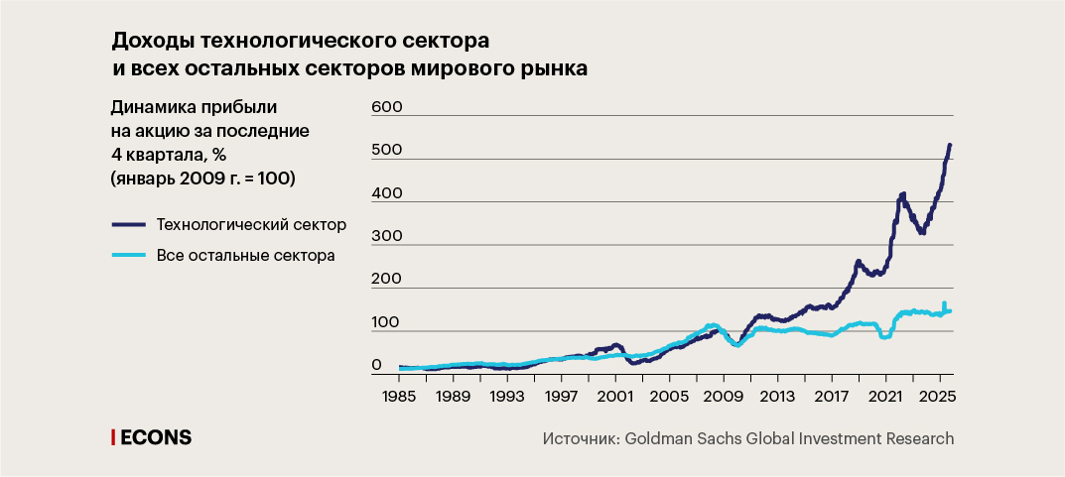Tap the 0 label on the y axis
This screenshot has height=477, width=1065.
pyautogui.click(x=376, y=366)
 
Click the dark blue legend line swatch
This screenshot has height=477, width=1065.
pyautogui.click(x=128, y=224)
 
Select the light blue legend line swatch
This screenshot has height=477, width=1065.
pyautogui.click(x=128, y=256)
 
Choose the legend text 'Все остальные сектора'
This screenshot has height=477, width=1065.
pyautogui.click(x=245, y=256)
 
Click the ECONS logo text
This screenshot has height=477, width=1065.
pyautogui.click(x=156, y=437)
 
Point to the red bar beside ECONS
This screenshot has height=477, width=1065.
pyautogui.click(x=112, y=437)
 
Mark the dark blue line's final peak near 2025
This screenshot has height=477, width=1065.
pyautogui.click(x=949, y=146)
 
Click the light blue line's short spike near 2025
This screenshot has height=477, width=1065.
pyautogui.click(x=944, y=303)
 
